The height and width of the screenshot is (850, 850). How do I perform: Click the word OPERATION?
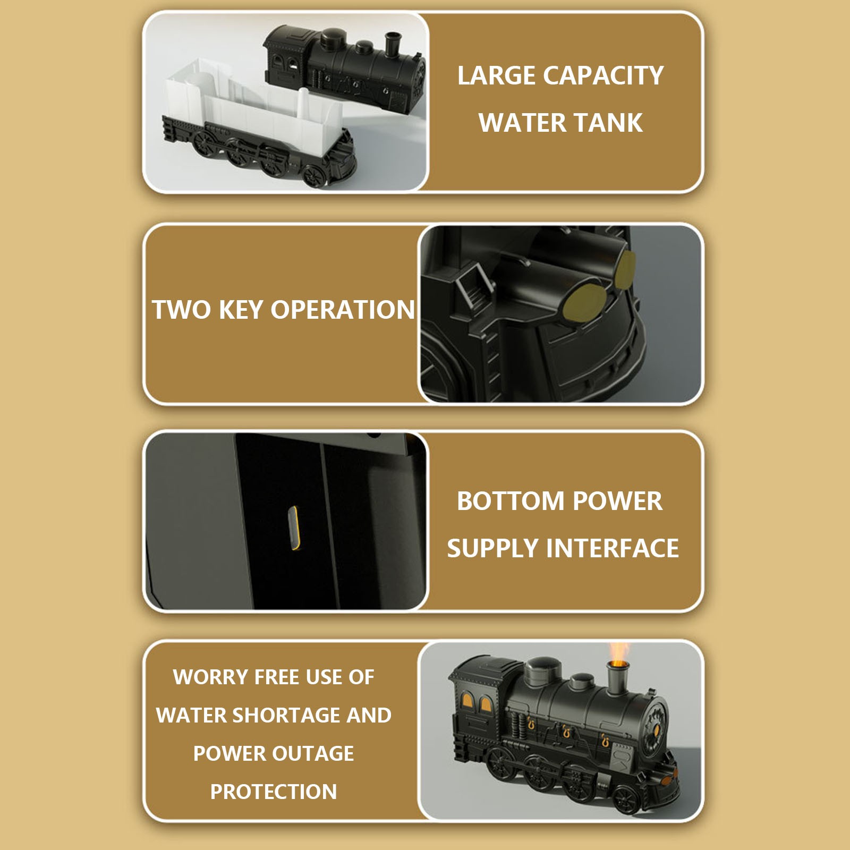tap(343, 310)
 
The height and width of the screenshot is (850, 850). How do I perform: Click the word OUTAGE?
tap(313, 754)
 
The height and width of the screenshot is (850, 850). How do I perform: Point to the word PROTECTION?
tap(274, 792)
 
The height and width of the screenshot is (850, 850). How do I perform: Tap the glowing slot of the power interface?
tap(293, 528)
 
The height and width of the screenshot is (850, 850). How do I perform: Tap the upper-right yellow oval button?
tap(625, 269)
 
